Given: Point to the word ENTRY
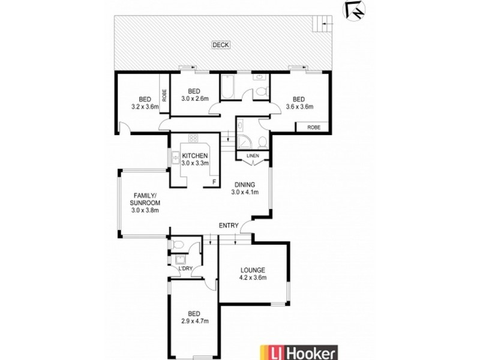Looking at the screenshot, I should point(229,226).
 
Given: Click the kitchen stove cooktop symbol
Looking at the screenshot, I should point(194,139).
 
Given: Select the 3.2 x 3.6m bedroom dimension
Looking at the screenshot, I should point(144,107).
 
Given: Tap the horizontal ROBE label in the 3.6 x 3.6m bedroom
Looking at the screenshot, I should point(313,127).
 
